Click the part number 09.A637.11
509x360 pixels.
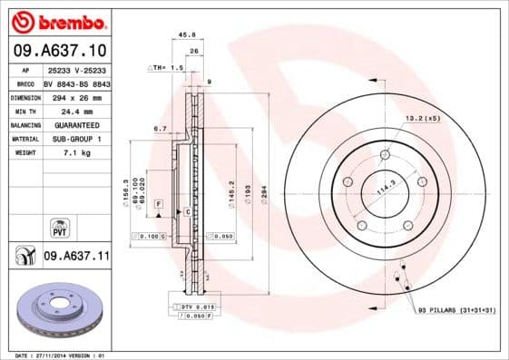[76, 258]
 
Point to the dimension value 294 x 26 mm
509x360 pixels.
[76, 96]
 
